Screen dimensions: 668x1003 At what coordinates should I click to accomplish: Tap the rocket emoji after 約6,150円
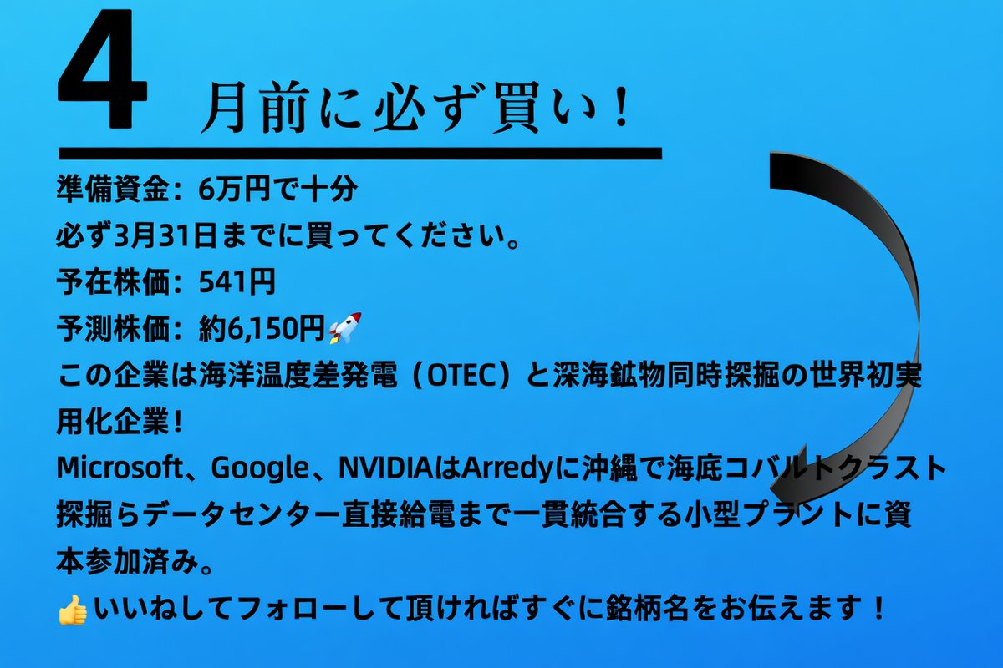point(344,328)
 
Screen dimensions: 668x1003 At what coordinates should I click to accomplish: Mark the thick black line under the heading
point(359,154)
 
